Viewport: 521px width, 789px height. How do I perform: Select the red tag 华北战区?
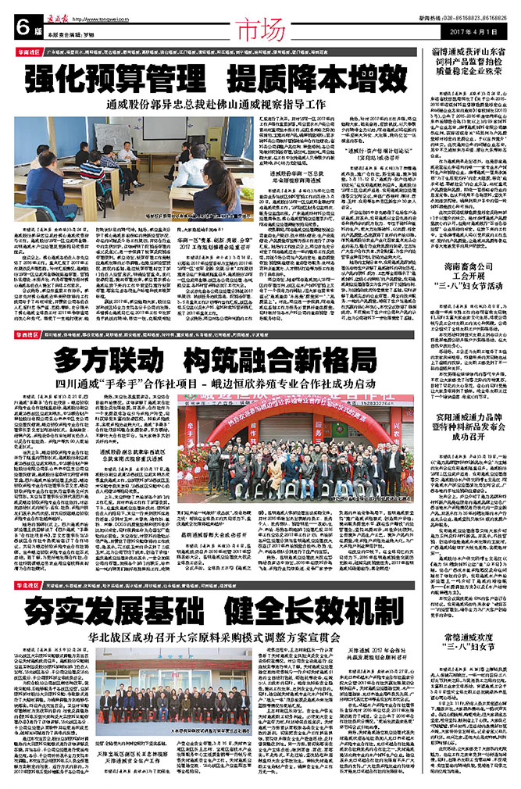pyautogui.click(x=27, y=562)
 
